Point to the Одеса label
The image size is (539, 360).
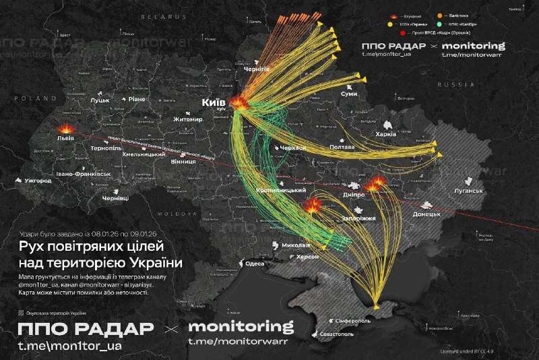(255, 264)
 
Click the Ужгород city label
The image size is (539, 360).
(37, 181)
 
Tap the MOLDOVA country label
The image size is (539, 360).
(178, 212)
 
